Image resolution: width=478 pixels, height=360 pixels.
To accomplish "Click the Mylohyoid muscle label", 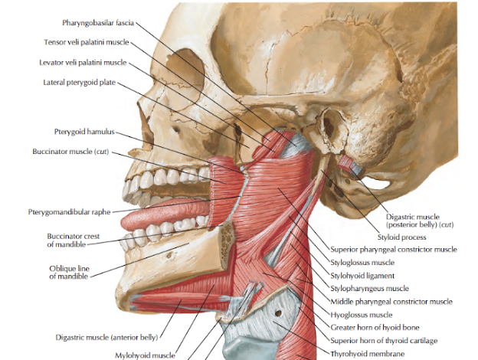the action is (145, 355).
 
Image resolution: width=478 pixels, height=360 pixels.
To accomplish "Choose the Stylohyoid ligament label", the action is (362, 275).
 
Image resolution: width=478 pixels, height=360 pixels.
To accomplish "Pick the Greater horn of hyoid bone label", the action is (374, 327).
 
